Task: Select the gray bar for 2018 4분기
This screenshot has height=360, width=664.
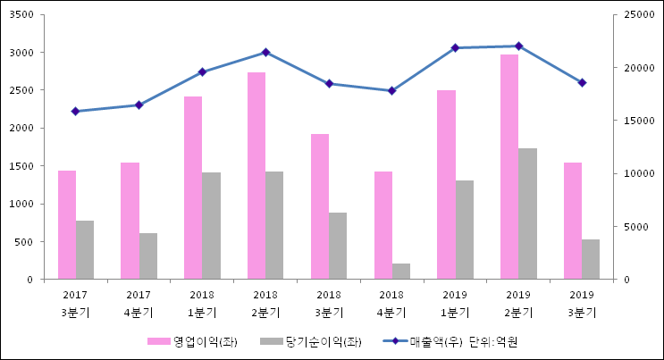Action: (x=401, y=272)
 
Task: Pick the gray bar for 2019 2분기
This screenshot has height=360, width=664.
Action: (x=527, y=213)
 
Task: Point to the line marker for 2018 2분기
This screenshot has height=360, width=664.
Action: (x=265, y=53)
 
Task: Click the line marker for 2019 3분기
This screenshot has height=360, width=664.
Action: (x=582, y=82)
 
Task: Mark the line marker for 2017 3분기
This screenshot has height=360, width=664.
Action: (x=75, y=112)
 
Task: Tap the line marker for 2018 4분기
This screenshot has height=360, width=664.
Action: (x=391, y=90)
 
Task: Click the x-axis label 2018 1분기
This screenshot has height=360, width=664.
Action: (x=202, y=304)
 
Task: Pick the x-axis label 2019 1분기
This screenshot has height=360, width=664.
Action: (x=455, y=304)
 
